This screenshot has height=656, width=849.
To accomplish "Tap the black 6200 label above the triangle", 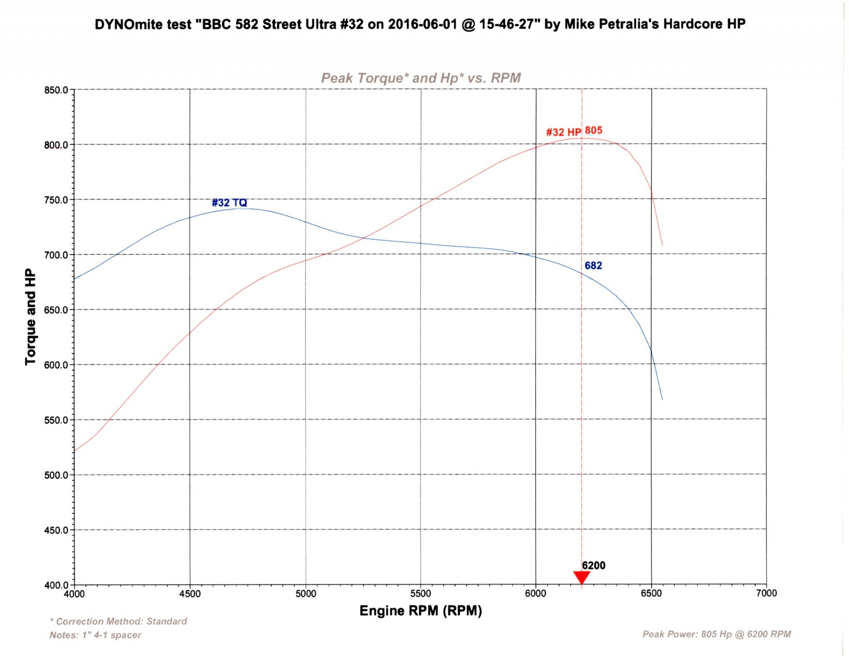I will click(593, 565).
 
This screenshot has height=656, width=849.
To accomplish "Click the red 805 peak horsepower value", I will click(593, 130).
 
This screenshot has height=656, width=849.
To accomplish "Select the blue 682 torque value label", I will click(593, 265).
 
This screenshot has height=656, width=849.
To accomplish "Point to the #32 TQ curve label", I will click(229, 203).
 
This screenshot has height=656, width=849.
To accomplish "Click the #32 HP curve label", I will click(564, 132).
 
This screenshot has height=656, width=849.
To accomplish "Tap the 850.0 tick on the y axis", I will click(56, 90).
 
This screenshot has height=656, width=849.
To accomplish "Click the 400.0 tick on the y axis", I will click(56, 585).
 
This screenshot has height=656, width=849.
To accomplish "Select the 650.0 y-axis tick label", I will click(56, 310).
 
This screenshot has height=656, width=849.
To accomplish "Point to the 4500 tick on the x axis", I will click(190, 594).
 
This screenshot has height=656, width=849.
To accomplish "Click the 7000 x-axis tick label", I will click(766, 593).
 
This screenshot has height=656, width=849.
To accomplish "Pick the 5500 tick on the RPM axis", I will click(421, 594).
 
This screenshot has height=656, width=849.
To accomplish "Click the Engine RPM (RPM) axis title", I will click(421, 611).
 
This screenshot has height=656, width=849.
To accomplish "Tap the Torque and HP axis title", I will click(30, 317).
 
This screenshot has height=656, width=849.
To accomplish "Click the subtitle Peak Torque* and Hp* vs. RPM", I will click(421, 78).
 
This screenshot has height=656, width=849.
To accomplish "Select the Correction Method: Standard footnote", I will click(118, 621).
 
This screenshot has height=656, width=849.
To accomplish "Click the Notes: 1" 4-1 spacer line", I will click(96, 635).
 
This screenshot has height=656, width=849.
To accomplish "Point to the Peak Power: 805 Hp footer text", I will click(716, 634).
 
